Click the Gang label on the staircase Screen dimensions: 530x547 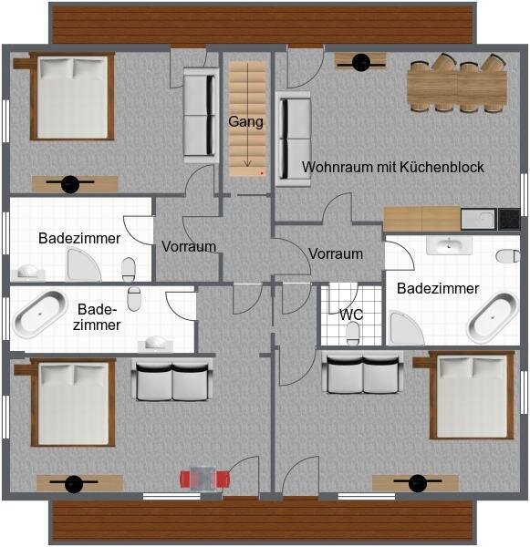pos(245,122)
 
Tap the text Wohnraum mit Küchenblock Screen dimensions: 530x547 pos(393,167)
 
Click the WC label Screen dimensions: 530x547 pos(351,315)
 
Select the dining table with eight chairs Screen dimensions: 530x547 pos(457,83)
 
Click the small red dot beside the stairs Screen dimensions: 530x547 pos(262,172)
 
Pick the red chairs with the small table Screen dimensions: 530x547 pos(204,479)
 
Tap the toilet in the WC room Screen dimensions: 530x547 pos(353,333)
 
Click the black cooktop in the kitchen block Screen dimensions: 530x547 pos(509,219)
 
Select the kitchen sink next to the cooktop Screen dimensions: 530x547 pos(478,219)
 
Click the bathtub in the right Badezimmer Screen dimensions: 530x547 pos(493,317)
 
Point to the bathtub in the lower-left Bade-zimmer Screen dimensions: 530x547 pos(39,314)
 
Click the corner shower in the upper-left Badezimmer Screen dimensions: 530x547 pos(83,264)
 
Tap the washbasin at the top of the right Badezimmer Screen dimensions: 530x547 pos(449,245)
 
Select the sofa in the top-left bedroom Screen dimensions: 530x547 pos(201,115)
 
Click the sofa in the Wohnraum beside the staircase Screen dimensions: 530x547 pos(294,139)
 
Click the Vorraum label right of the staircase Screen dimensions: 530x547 pos(336,254)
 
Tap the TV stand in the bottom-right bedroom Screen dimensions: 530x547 pos(415,483)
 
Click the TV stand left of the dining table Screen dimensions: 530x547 pos(360,62)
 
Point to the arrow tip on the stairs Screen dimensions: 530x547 pos(247,166)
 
